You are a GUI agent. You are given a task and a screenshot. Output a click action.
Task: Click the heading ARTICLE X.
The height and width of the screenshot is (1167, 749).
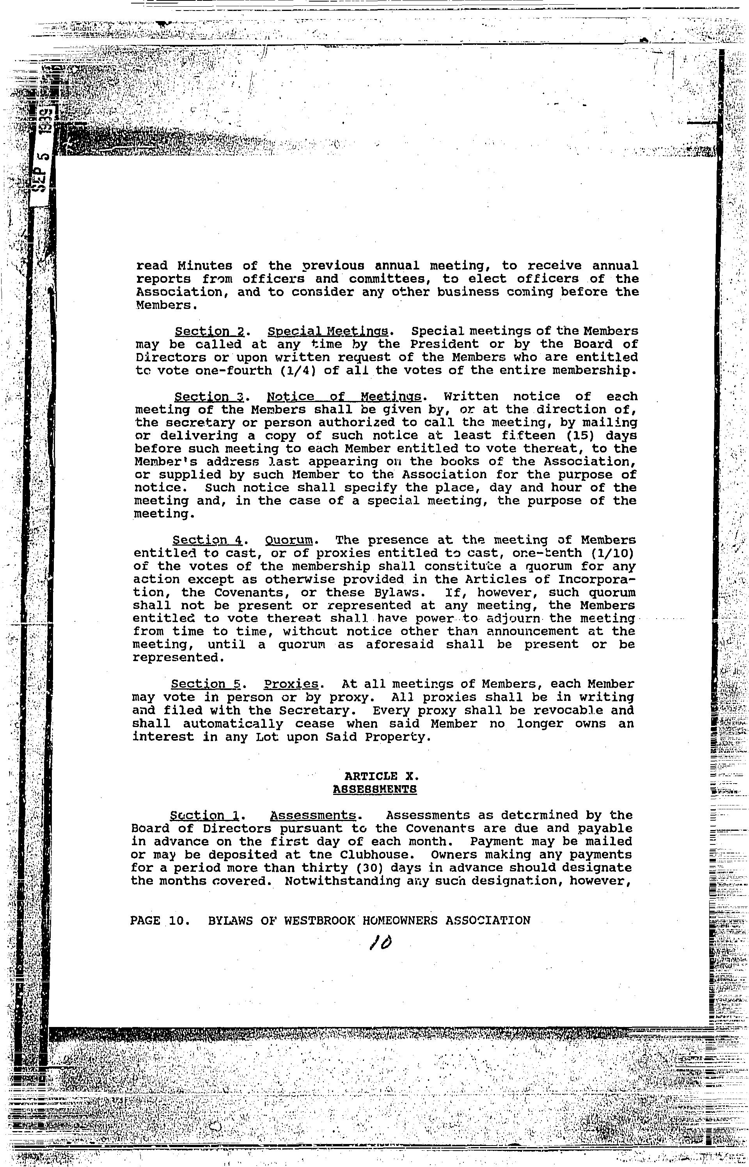tap(374, 776)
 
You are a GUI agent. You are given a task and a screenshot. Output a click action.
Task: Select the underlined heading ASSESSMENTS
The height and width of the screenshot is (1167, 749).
tap(374, 789)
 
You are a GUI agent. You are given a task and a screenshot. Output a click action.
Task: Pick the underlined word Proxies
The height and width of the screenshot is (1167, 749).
tap(291, 684)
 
